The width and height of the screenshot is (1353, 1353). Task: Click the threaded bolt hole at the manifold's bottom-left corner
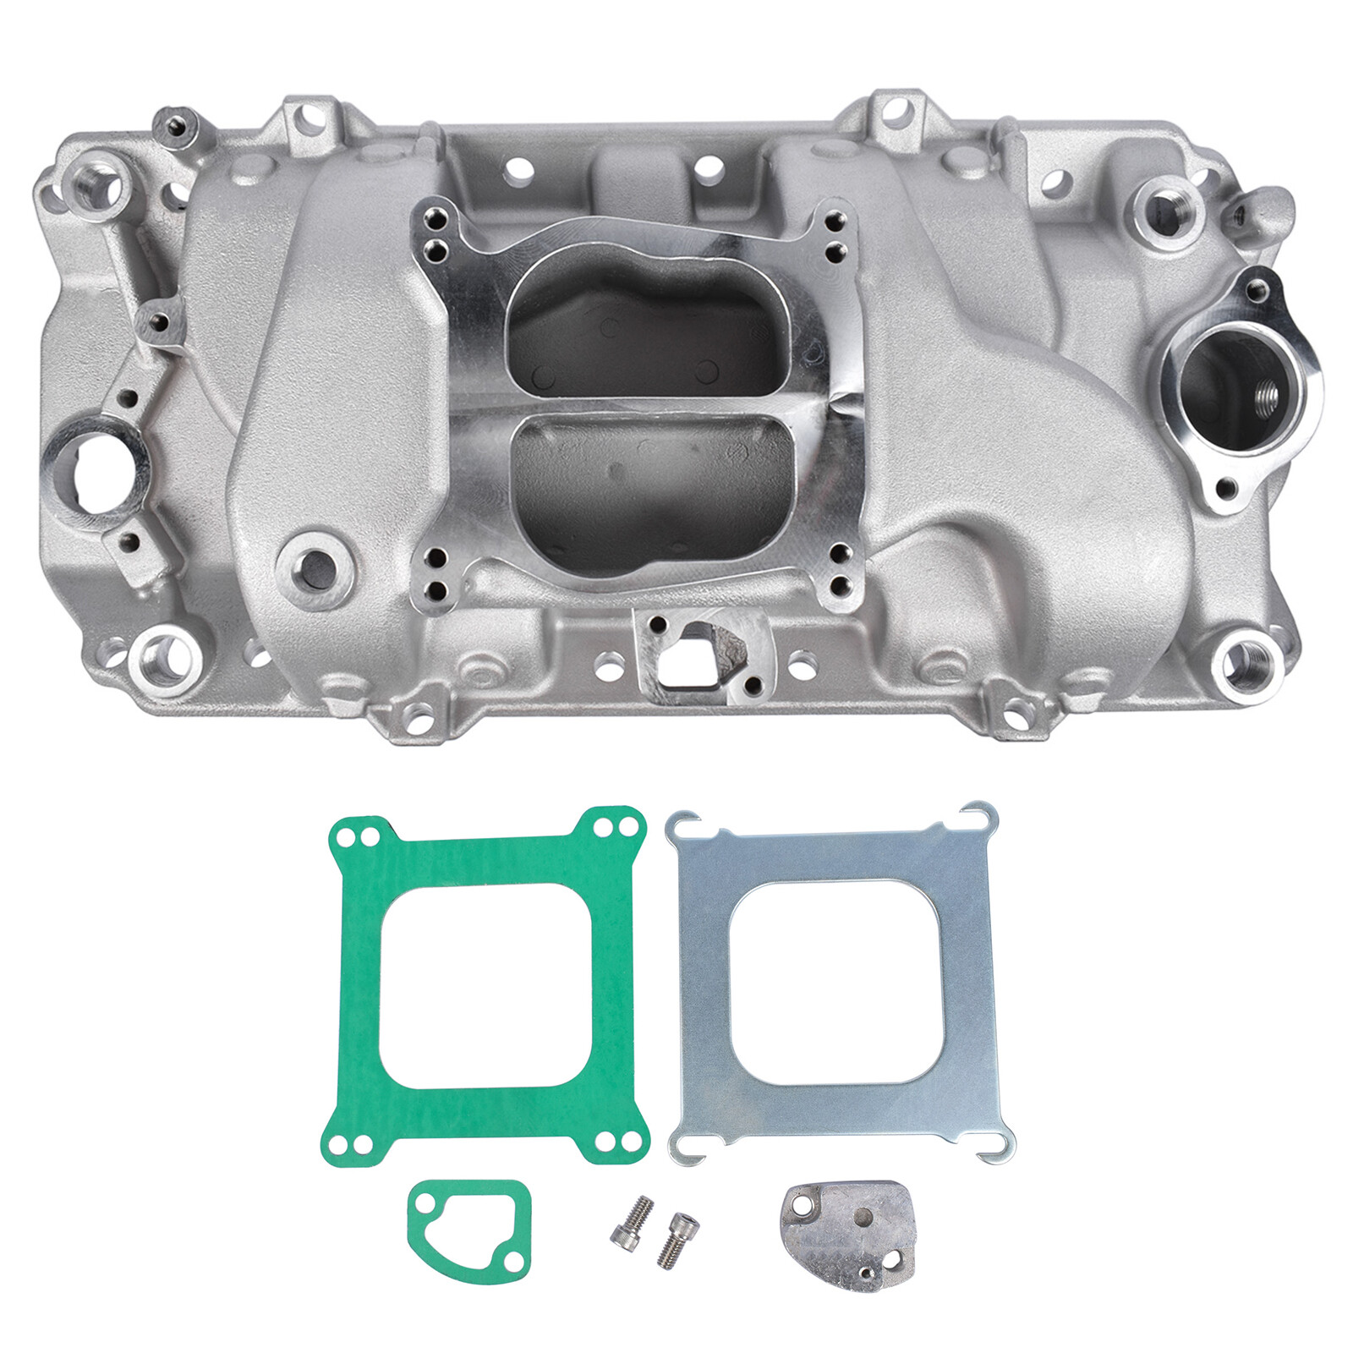165,660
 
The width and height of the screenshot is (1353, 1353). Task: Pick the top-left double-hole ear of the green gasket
356,836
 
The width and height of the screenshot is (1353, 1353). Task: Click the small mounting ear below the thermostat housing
1226,487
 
